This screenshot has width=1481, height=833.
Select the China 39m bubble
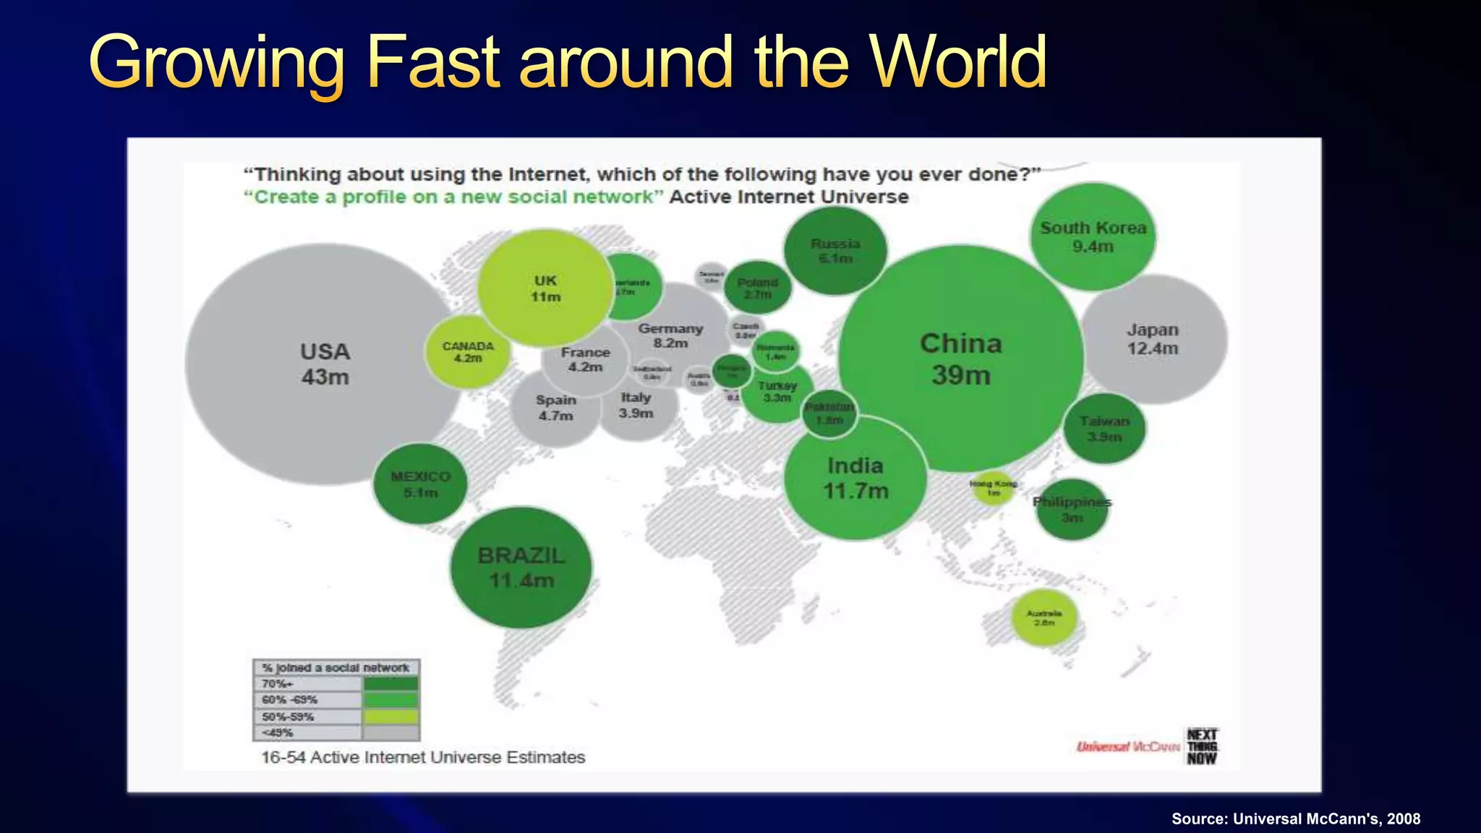(x=960, y=359)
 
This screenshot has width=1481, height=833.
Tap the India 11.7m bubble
(x=855, y=478)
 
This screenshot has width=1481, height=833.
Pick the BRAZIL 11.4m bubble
(x=521, y=568)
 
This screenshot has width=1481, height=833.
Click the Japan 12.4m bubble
(x=1153, y=339)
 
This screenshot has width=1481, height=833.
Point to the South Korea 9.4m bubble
(x=1093, y=236)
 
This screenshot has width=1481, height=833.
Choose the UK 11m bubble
(x=545, y=288)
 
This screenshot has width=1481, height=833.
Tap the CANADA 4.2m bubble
(x=468, y=351)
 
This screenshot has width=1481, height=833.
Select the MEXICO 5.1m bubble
(x=420, y=484)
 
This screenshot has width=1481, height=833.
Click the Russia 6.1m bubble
(x=835, y=250)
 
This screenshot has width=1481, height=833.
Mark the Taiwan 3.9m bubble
(x=1104, y=429)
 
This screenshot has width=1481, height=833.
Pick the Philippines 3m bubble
(x=1072, y=509)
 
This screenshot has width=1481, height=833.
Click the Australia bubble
(x=1043, y=618)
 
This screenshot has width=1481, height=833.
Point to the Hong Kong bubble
(x=993, y=488)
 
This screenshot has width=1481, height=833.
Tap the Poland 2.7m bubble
(x=757, y=288)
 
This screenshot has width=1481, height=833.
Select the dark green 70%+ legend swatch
(x=390, y=684)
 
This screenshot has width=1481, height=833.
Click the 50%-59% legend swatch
(x=390, y=717)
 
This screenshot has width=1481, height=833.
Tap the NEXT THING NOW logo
(x=1202, y=746)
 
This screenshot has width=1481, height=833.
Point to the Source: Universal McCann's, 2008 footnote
(x=1296, y=819)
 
